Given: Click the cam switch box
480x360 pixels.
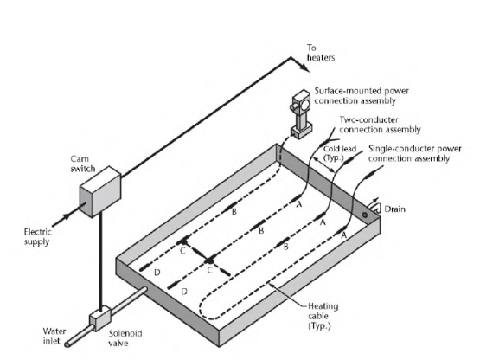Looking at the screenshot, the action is tap(100, 191).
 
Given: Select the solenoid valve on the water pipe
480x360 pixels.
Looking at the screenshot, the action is tap(100, 318).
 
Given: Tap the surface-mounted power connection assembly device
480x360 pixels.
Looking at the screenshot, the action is tap(301, 114).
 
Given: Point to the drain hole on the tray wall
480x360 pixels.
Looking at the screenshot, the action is tap(365, 215).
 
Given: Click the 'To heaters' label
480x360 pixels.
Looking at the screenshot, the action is tap(321, 53).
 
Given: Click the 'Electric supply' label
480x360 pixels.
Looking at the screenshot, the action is tap(37, 236).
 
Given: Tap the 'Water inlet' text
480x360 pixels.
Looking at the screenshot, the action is tap(54, 336).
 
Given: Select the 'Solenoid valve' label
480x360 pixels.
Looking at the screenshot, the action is tap(125, 338).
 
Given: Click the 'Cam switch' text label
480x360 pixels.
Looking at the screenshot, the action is tap(83, 164).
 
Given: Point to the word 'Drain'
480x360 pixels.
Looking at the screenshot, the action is tap(394, 209).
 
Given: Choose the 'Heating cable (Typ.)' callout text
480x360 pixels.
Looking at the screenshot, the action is tap(323, 316).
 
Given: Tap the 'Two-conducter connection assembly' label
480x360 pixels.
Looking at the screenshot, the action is tap(380, 125).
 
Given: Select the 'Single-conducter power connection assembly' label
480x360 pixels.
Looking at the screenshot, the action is tap(415, 153).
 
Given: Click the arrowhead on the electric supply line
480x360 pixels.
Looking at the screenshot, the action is tap(65, 216).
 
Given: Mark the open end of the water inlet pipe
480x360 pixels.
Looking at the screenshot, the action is tap(67, 345).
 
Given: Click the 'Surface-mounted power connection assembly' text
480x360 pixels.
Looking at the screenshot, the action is tap(362, 96).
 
